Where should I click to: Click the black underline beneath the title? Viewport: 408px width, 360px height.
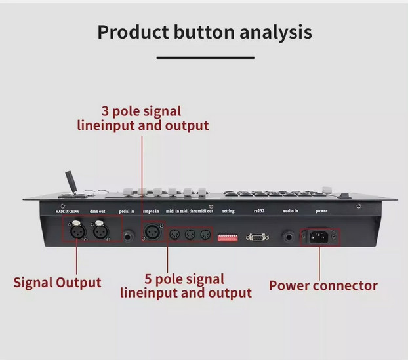click(205, 58)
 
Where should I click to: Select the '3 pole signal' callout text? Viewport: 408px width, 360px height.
click(141, 111)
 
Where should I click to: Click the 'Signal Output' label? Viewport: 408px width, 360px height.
click(58, 283)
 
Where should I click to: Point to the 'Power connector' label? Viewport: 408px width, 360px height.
click(323, 285)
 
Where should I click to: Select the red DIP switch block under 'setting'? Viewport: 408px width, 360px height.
click(228, 234)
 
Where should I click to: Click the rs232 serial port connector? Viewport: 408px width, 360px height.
click(258, 235)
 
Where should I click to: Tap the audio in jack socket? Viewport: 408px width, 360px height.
click(288, 235)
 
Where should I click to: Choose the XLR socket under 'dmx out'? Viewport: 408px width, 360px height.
click(100, 231)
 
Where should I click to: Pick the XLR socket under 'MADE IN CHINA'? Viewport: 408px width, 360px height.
click(73, 231)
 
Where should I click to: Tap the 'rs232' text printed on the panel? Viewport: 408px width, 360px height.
click(258, 211)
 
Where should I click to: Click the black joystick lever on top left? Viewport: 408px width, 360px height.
click(68, 182)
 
